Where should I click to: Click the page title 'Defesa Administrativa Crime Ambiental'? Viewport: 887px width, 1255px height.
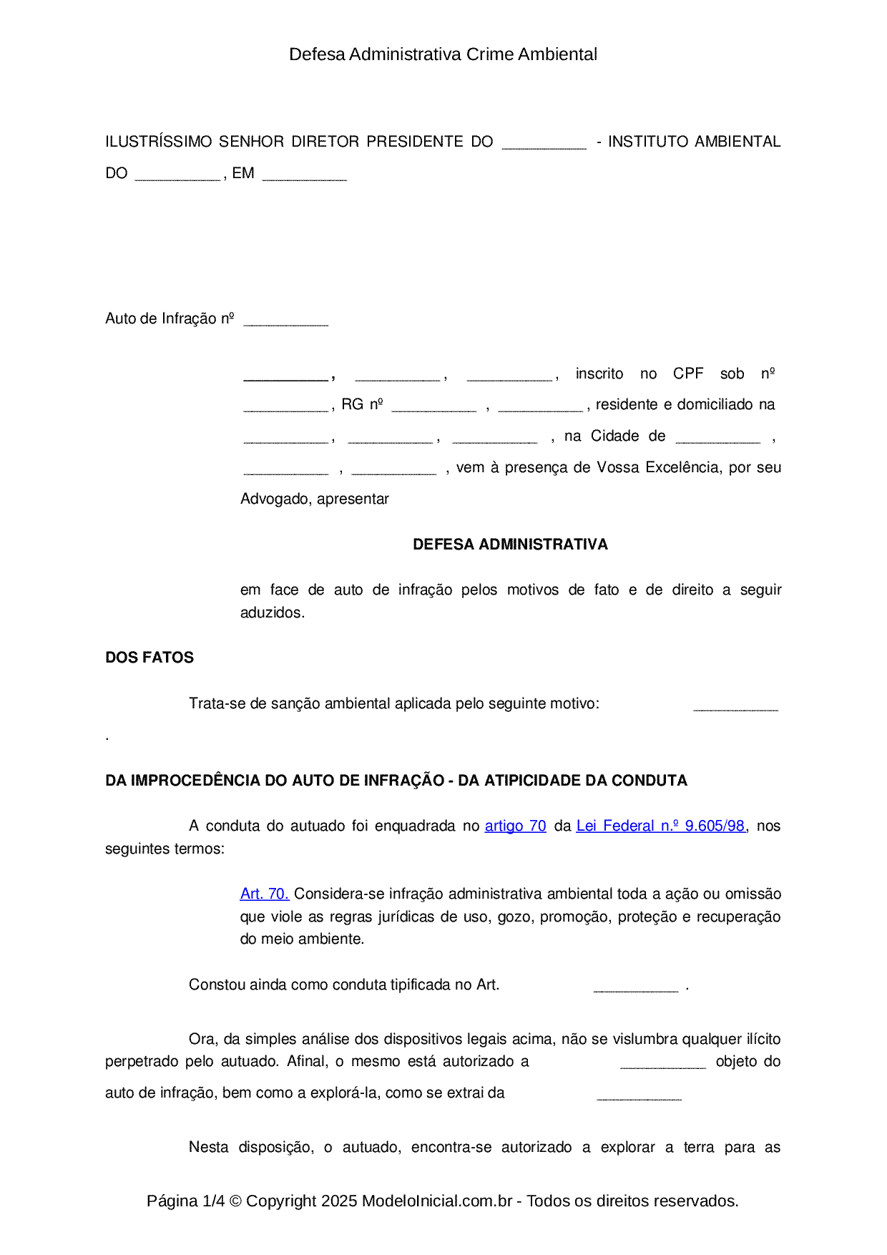(x=443, y=54)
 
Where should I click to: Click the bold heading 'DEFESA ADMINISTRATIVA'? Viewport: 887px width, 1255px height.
(x=510, y=545)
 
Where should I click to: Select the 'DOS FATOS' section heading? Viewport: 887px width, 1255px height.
(x=150, y=658)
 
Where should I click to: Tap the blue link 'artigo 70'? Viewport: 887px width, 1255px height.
(x=515, y=826)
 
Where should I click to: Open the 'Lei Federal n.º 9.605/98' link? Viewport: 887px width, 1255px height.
(x=660, y=826)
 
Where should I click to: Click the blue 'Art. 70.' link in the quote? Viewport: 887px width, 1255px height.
(x=264, y=894)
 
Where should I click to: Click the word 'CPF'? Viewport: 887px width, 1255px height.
(x=688, y=373)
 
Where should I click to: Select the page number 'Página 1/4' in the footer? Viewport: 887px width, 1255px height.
(x=185, y=1201)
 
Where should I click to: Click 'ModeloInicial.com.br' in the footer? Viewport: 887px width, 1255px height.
(x=436, y=1201)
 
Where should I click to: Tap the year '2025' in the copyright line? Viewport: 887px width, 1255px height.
(x=339, y=1201)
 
